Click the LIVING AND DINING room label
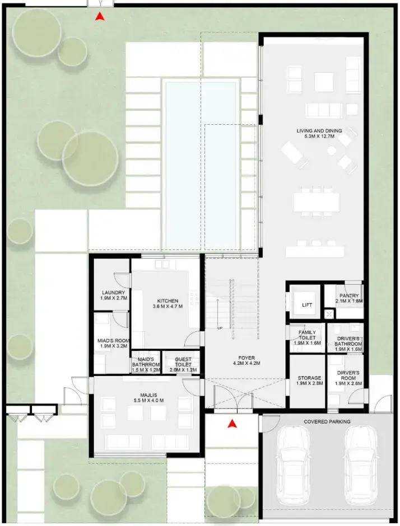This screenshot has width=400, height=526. [319, 131]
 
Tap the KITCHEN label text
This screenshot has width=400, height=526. [168, 301]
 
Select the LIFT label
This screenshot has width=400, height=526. [307, 305]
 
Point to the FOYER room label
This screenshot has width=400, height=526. [246, 358]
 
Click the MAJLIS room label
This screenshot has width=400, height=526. [148, 395]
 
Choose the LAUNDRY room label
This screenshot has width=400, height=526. [114, 293]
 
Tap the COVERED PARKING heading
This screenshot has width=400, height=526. [327, 422]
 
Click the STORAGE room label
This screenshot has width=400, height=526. [309, 378]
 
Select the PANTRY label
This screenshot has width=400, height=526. [349, 296]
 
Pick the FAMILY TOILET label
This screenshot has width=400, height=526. [307, 335]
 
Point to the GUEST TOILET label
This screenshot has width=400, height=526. [183, 361]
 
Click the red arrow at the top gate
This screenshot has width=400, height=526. [99, 16]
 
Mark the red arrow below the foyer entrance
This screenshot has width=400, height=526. [232, 424]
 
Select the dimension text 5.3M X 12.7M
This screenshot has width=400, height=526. [319, 137]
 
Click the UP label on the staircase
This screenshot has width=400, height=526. [220, 328]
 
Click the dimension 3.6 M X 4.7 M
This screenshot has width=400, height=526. [168, 306]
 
